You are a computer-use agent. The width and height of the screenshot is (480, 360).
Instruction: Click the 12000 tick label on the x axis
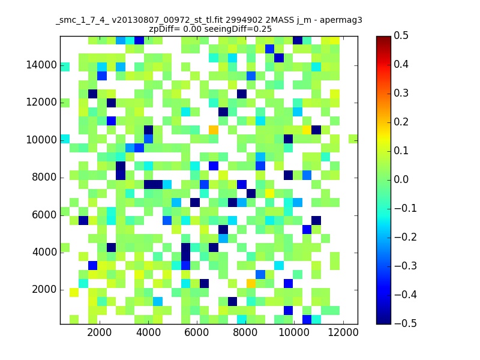343,332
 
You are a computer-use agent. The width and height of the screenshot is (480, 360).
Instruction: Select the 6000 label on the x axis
197,332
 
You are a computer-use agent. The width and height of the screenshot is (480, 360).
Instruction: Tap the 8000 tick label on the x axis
245,332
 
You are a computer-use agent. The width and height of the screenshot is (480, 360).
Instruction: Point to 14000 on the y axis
41,65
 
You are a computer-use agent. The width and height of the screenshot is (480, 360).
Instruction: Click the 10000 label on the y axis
41,140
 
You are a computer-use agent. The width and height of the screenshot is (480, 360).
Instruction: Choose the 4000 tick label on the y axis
44,252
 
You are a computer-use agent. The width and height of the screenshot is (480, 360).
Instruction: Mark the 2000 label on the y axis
44,290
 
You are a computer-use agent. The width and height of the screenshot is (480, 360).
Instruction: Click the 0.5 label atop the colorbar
401,36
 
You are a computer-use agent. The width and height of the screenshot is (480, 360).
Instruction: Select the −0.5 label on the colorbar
406,323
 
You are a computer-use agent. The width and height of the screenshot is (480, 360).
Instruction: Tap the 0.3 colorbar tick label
401,94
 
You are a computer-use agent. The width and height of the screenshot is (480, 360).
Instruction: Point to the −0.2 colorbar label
406,237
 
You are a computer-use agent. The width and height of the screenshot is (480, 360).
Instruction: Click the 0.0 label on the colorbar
401,179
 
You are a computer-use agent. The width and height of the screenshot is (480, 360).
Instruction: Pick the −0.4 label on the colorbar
406,295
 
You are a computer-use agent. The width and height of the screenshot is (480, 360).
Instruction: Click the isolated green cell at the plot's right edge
353,139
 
